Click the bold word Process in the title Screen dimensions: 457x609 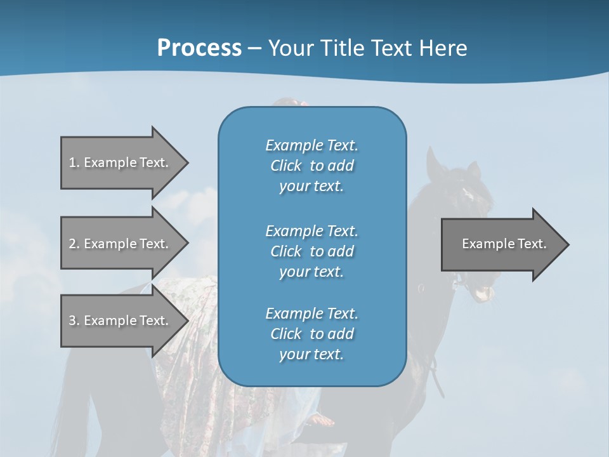click(199, 48)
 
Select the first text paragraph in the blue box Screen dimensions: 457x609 click(311, 166)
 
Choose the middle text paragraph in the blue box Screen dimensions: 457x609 click(311, 251)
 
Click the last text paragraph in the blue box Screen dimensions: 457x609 click(311, 334)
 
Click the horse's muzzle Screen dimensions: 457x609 click(483, 293)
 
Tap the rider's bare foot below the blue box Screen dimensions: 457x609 click(324, 420)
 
